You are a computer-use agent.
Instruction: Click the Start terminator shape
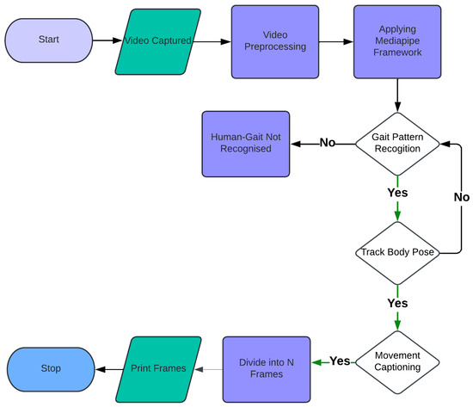click(x=48, y=40)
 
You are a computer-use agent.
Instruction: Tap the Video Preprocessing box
click(x=269, y=40)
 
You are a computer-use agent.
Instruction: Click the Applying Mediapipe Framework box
click(x=396, y=40)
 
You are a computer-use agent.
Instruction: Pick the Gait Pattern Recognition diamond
click(x=396, y=144)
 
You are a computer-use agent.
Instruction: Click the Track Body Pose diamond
click(x=396, y=253)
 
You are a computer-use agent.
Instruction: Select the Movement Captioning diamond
click(x=396, y=362)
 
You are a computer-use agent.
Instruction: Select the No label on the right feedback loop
click(x=461, y=197)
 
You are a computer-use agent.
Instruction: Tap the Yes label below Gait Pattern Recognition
click(x=396, y=193)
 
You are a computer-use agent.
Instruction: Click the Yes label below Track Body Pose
click(x=396, y=303)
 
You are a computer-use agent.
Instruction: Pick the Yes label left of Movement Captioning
click(x=340, y=361)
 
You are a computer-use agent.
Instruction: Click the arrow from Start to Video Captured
click(x=106, y=40)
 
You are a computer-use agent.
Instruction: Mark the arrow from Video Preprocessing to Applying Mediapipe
click(x=330, y=40)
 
